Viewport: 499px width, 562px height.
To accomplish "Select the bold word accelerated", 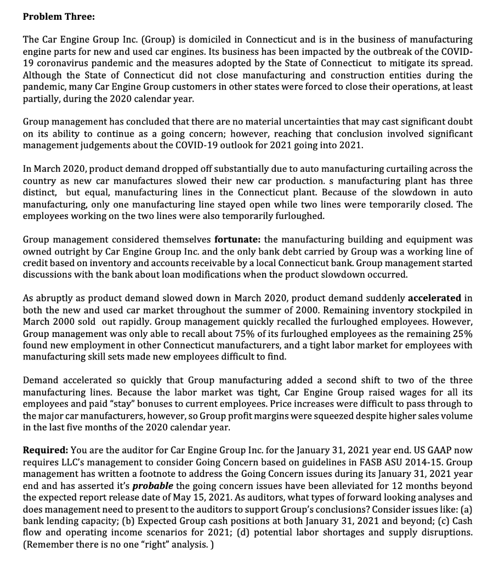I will (x=435, y=298).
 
